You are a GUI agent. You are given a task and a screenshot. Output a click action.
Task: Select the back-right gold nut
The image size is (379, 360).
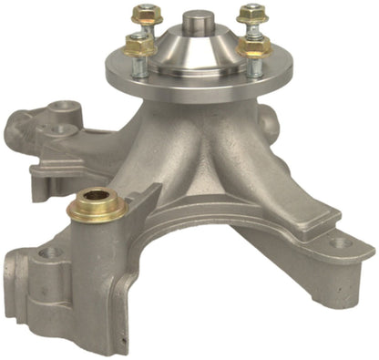(251, 15)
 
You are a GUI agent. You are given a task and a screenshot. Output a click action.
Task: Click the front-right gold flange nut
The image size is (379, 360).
(255, 46)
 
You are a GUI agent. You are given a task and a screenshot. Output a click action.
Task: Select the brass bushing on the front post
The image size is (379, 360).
(97, 203)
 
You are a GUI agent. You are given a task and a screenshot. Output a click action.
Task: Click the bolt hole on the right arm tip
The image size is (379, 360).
(339, 243)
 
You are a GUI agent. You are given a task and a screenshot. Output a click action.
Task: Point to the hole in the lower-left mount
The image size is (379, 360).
(47, 252)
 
